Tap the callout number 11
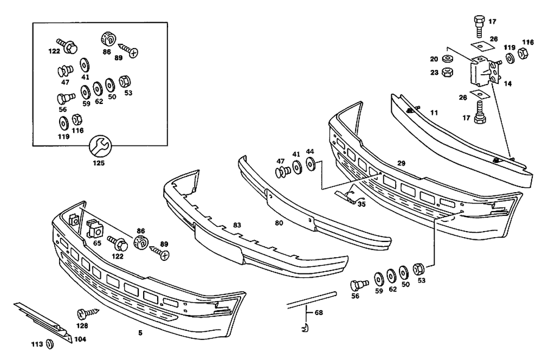(434, 113)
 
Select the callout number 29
(401, 163)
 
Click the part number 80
(279, 222)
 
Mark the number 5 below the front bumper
(140, 333)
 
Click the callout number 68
(318, 312)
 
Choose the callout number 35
(362, 205)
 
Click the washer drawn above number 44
(310, 164)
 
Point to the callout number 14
(507, 84)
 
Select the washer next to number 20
(448, 58)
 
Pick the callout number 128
(81, 326)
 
